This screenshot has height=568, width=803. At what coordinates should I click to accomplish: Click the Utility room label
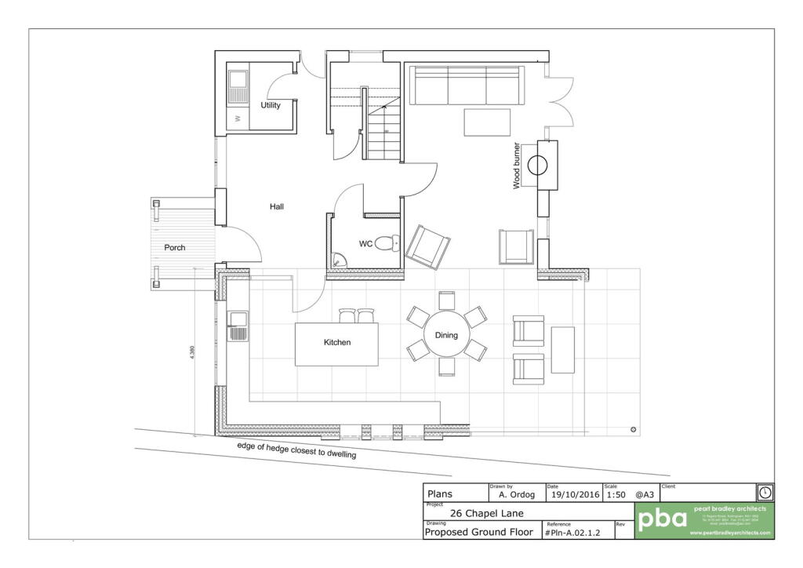click(271, 105)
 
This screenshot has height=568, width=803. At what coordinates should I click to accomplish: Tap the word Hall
click(276, 207)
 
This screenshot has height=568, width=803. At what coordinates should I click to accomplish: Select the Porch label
click(175, 248)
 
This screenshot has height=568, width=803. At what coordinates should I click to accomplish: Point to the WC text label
click(365, 244)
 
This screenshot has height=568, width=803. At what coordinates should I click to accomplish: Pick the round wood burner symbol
click(538, 166)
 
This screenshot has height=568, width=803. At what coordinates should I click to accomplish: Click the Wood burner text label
click(517, 166)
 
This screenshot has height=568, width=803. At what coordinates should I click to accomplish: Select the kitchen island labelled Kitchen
click(336, 344)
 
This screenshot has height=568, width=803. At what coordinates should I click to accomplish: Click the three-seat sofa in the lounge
click(467, 86)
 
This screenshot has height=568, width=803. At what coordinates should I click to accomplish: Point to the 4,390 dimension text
click(192, 354)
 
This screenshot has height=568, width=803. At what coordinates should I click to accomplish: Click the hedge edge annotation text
click(297, 450)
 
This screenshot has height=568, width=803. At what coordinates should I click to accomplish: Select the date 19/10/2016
click(576, 495)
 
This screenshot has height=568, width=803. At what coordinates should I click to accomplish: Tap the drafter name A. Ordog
click(516, 495)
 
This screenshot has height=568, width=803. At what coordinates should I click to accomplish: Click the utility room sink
click(238, 83)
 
